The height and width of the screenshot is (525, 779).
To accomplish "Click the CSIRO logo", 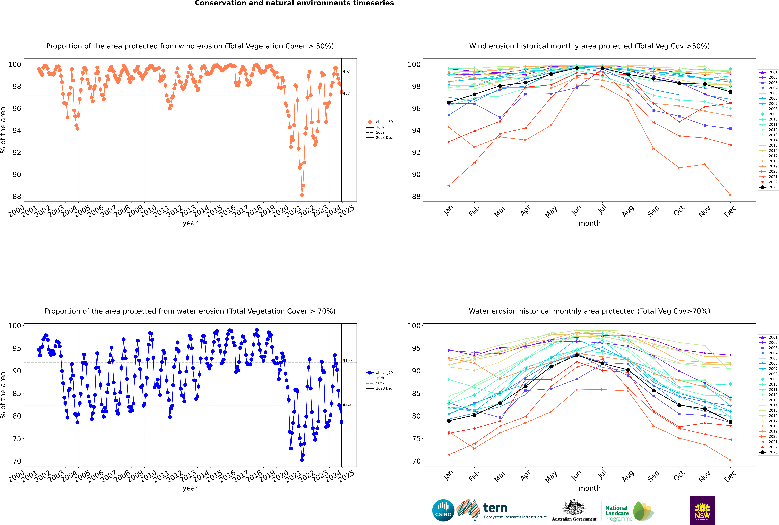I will tap(443, 510).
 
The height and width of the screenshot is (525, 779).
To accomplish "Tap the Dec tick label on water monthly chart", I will tap(730, 476).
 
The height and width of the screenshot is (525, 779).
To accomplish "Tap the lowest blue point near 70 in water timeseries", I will tap(302, 460).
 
